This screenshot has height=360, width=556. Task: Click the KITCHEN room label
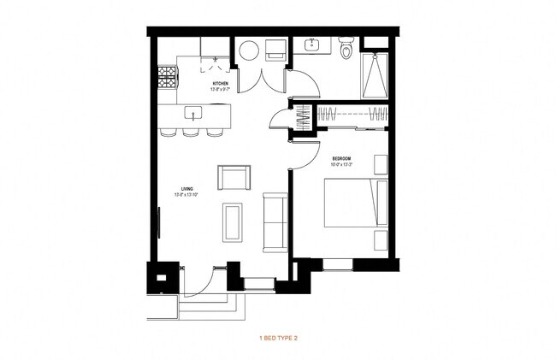pyautogui.click(x=220, y=83)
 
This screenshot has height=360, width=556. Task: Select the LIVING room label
pyautogui.click(x=186, y=189)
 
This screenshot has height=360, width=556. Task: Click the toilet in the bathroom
pyautogui.click(x=346, y=50)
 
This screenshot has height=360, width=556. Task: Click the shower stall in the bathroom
pyautogui.click(x=376, y=74)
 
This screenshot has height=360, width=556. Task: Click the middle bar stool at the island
pyautogui.click(x=189, y=133)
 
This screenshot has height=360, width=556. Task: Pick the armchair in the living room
pyautogui.click(x=234, y=177)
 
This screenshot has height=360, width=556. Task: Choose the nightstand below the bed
pyautogui.click(x=381, y=240)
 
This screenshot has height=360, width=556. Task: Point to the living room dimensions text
pyautogui.click(x=186, y=195)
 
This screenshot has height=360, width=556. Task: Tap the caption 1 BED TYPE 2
pyautogui.click(x=278, y=339)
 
